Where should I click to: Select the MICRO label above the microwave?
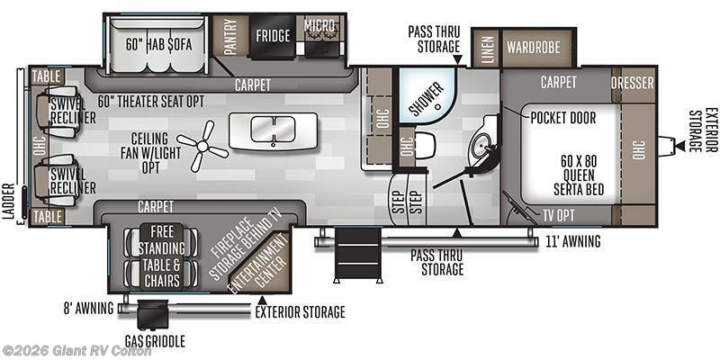tap(319, 25)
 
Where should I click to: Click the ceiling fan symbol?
tap(202, 144)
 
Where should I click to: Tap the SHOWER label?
tap(426, 99)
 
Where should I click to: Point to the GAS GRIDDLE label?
tap(154, 343)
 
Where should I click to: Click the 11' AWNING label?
tap(572, 241)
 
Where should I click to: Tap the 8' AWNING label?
tap(88, 308)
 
